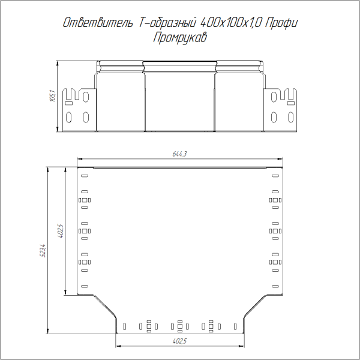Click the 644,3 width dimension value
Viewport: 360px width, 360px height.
tap(180, 154)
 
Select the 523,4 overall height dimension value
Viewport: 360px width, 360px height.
tap(43, 249)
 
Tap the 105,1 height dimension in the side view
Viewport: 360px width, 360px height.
tap(52, 95)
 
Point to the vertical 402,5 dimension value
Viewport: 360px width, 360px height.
tap(60, 231)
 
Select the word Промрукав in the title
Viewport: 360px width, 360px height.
tap(180, 38)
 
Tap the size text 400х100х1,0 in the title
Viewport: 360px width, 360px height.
tap(230, 23)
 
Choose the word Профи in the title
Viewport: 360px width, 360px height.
tap(282, 23)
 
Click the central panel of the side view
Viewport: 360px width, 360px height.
tap(180, 99)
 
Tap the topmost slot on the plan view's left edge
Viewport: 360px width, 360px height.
tap(84, 176)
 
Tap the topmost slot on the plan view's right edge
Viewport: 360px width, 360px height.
tap(275, 176)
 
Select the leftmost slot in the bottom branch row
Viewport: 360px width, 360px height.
tap(124, 326)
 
